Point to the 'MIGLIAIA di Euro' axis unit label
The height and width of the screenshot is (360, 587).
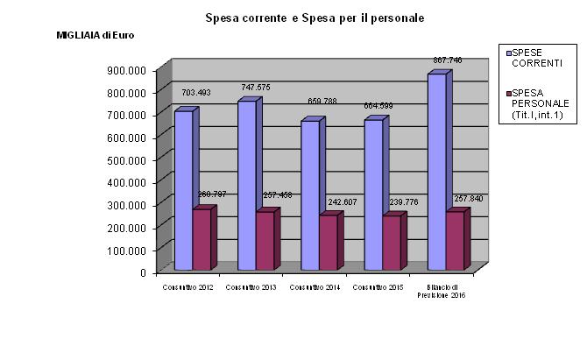click(x=96, y=35)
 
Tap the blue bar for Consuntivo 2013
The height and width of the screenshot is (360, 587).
click(x=247, y=185)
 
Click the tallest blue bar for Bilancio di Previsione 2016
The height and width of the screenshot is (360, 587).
click(x=436, y=172)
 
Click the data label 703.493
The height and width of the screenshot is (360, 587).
click(x=196, y=92)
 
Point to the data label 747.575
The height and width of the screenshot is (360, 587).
click(x=256, y=88)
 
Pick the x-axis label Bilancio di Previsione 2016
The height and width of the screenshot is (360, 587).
click(x=446, y=292)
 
